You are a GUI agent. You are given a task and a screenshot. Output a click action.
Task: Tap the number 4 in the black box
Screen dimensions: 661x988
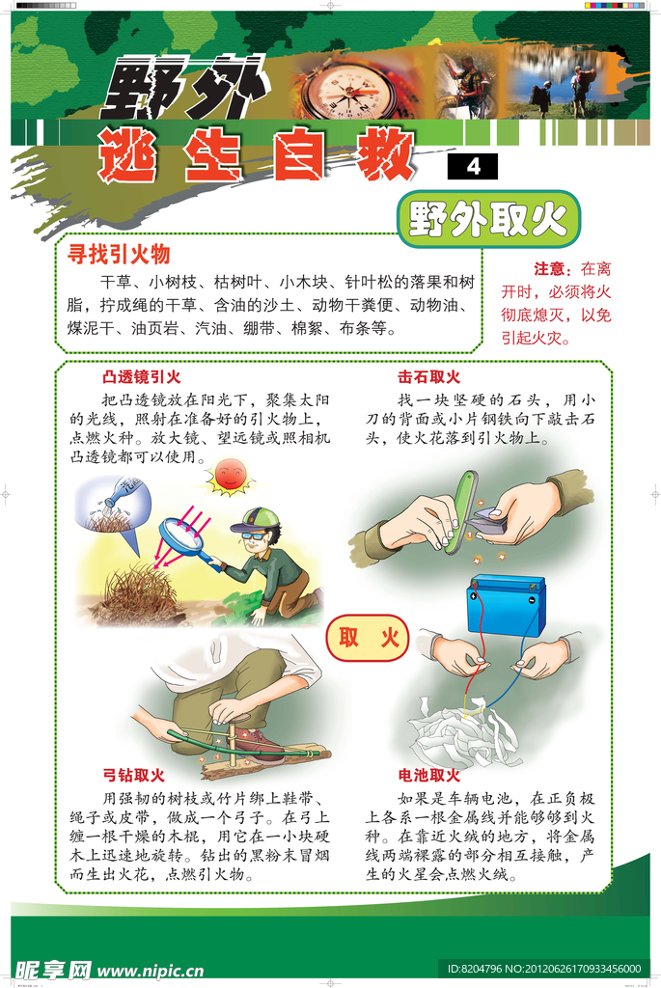pos(473,166)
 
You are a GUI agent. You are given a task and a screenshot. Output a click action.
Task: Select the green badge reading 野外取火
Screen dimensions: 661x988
pos(488,219)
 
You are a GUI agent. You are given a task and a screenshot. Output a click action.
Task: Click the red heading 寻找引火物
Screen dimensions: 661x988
pos(119,255)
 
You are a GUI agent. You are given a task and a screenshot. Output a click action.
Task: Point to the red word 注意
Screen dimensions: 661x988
pos(549,270)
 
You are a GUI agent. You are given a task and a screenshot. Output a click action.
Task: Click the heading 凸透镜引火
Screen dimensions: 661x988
pos(141,377)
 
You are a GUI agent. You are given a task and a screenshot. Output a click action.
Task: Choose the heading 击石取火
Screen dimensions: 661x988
pos(428,377)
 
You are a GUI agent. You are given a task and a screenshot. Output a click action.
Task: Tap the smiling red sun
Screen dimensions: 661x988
pos(230,475)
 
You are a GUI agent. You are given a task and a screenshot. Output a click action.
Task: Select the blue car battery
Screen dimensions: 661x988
pos(506,606)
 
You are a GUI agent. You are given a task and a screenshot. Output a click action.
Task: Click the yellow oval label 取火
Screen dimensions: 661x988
pos(368,638)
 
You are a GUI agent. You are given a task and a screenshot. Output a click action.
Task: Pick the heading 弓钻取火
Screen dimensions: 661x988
pos(133,775)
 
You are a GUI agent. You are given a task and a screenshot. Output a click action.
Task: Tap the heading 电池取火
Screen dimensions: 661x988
pos(428,775)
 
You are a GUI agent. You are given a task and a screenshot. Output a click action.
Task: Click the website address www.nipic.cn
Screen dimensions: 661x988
pos(150,971)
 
